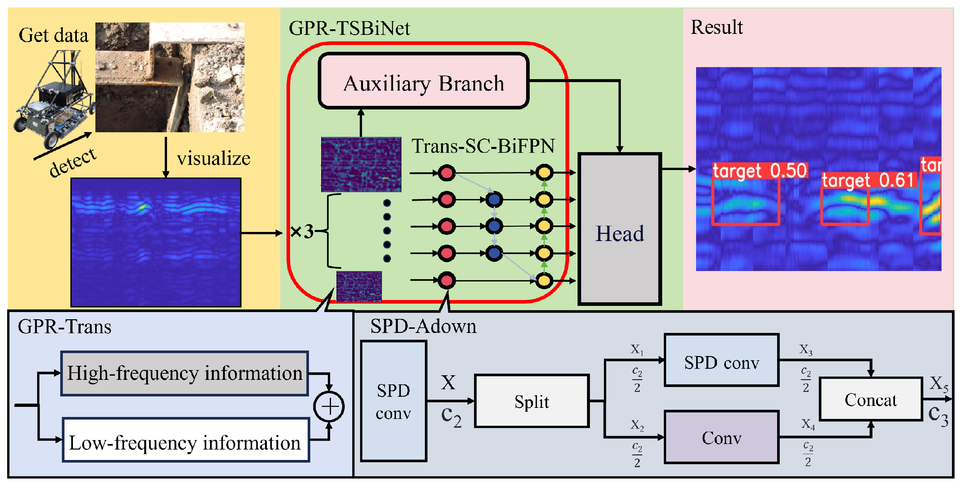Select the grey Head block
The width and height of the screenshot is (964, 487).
[620, 229]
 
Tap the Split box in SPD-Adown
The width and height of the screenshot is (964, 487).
[531, 401]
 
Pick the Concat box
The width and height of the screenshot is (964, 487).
[871, 399]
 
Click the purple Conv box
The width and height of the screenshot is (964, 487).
[721, 437]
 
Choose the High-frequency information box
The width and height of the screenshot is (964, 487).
[184, 373]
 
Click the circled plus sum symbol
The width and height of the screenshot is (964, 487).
[329, 407]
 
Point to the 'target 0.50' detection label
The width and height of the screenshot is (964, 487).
[760, 171]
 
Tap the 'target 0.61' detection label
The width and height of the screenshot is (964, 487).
[869, 180]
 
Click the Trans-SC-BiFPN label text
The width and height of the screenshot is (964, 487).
[483, 146]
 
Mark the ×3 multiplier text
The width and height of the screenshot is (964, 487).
[301, 232]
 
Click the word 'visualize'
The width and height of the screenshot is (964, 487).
[214, 158]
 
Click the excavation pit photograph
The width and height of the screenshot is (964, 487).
[170, 77]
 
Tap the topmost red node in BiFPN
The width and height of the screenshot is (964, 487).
[446, 173]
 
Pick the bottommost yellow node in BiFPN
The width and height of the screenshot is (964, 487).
[544, 280]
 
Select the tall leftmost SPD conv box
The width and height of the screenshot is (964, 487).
[393, 401]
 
